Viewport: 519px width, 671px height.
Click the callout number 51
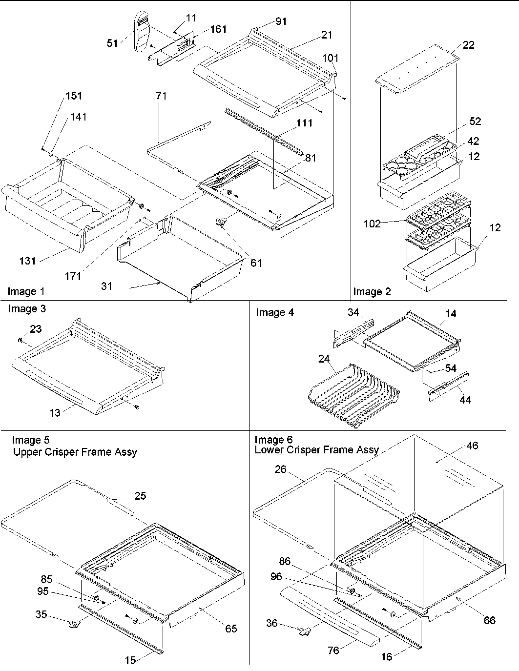[x=112, y=43]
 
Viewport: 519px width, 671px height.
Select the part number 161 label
[x=218, y=29]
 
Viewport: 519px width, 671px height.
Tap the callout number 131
[x=28, y=261]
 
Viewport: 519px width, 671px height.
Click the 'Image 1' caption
[x=26, y=292]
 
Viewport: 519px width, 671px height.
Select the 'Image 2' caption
[x=372, y=292]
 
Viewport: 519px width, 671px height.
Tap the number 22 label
[x=468, y=45]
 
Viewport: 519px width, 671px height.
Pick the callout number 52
[x=475, y=121]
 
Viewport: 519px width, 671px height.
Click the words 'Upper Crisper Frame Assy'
[x=75, y=452]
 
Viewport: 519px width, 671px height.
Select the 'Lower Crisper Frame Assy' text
[x=316, y=450]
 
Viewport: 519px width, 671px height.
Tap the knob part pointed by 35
[x=74, y=623]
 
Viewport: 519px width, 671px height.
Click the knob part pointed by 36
[x=304, y=632]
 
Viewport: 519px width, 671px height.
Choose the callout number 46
[x=472, y=446]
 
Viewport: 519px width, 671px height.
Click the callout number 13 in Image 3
[x=55, y=413]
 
